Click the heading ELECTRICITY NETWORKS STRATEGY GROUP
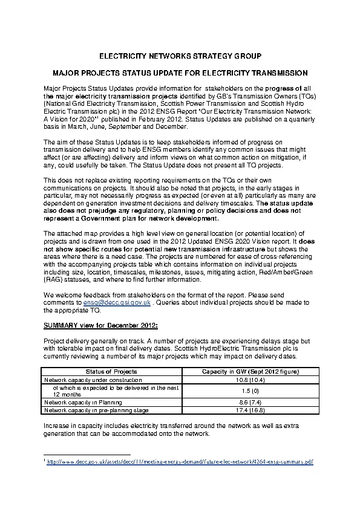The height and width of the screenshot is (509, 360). (x=180, y=56)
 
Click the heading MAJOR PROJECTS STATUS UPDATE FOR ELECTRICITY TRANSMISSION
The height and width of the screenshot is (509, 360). (x=180, y=73)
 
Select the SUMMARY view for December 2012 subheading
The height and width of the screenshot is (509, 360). (x=100, y=325)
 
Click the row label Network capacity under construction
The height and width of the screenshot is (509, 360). (x=85, y=380)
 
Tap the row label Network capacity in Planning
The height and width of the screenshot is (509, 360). (x=83, y=402)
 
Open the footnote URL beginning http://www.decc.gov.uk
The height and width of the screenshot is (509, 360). (x=181, y=462)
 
